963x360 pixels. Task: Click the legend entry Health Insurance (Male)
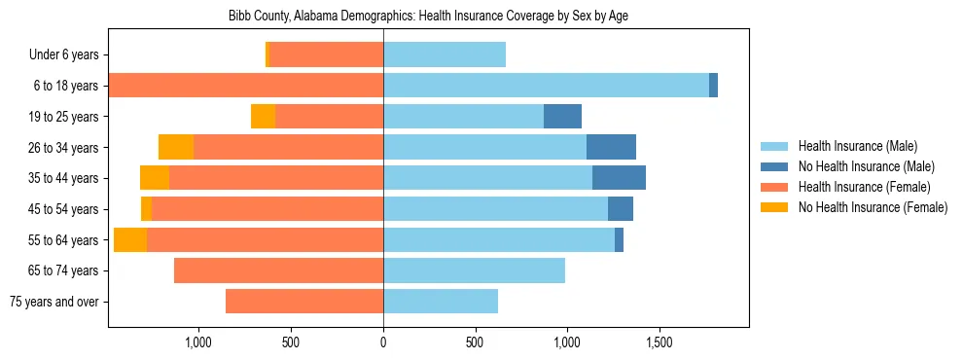[x=857, y=146]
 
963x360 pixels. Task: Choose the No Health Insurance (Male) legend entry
[x=866, y=166]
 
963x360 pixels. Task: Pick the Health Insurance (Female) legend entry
[x=864, y=187]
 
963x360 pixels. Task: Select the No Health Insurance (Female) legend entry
[x=873, y=207]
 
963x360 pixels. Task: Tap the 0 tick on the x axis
[x=383, y=342]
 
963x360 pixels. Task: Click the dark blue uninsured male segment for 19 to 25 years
[x=562, y=117]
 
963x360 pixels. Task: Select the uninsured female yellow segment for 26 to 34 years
[x=176, y=147]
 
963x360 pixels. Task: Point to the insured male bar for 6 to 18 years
[x=546, y=86]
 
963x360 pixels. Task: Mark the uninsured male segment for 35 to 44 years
[x=619, y=178]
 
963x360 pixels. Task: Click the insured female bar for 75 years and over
[x=304, y=302]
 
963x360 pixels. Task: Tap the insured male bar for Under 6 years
[x=445, y=55]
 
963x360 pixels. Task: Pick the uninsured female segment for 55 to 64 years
[x=130, y=240]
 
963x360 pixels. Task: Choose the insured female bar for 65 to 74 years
[x=278, y=270]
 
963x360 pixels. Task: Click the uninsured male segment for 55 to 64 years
[x=619, y=240]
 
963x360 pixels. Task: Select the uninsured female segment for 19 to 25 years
[x=263, y=117]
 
